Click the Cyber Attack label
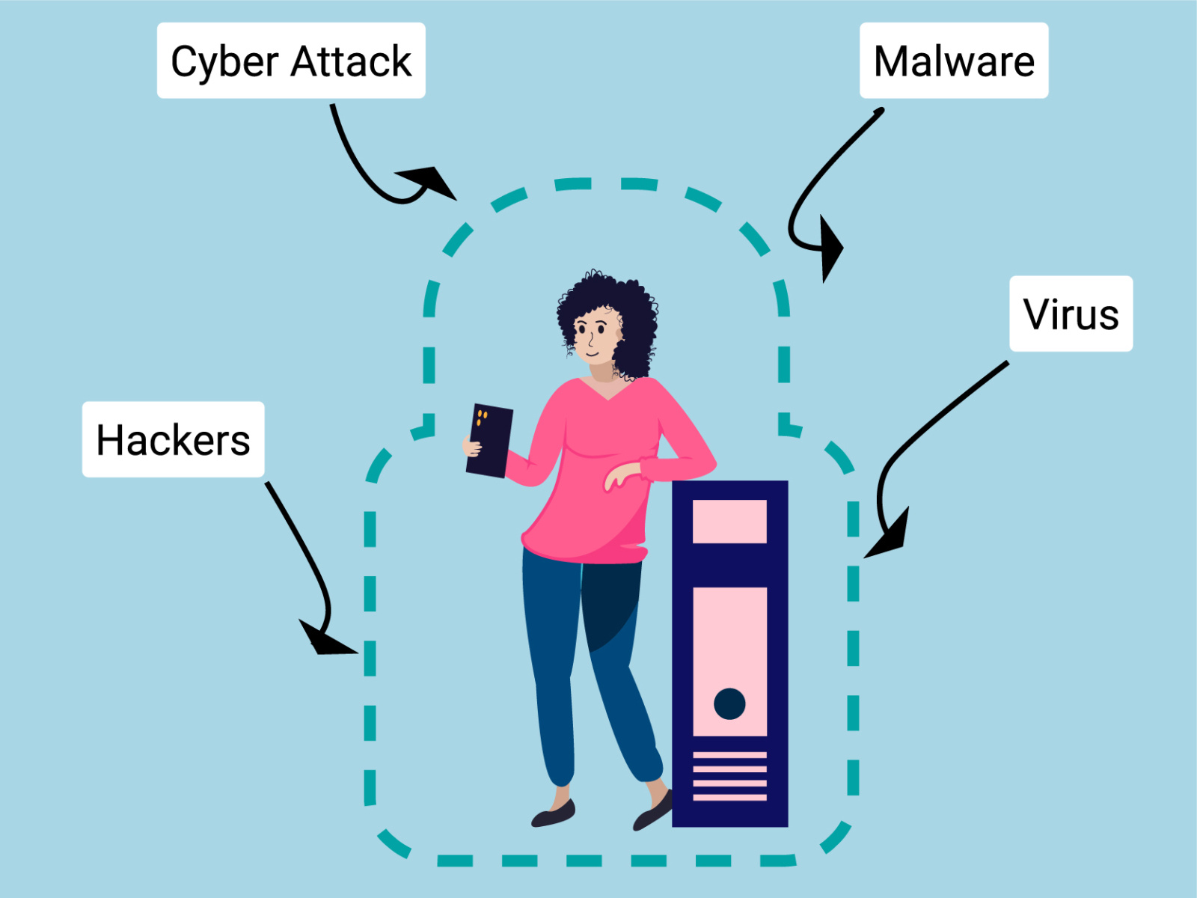(x=291, y=61)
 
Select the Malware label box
(x=954, y=61)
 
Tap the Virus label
(x=1071, y=314)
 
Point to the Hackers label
(x=173, y=439)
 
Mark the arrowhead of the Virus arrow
(x=891, y=536)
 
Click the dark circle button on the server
(x=729, y=703)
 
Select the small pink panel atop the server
(x=729, y=521)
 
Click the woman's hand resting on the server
(x=621, y=476)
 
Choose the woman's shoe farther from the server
(x=554, y=814)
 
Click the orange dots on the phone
(x=482, y=417)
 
